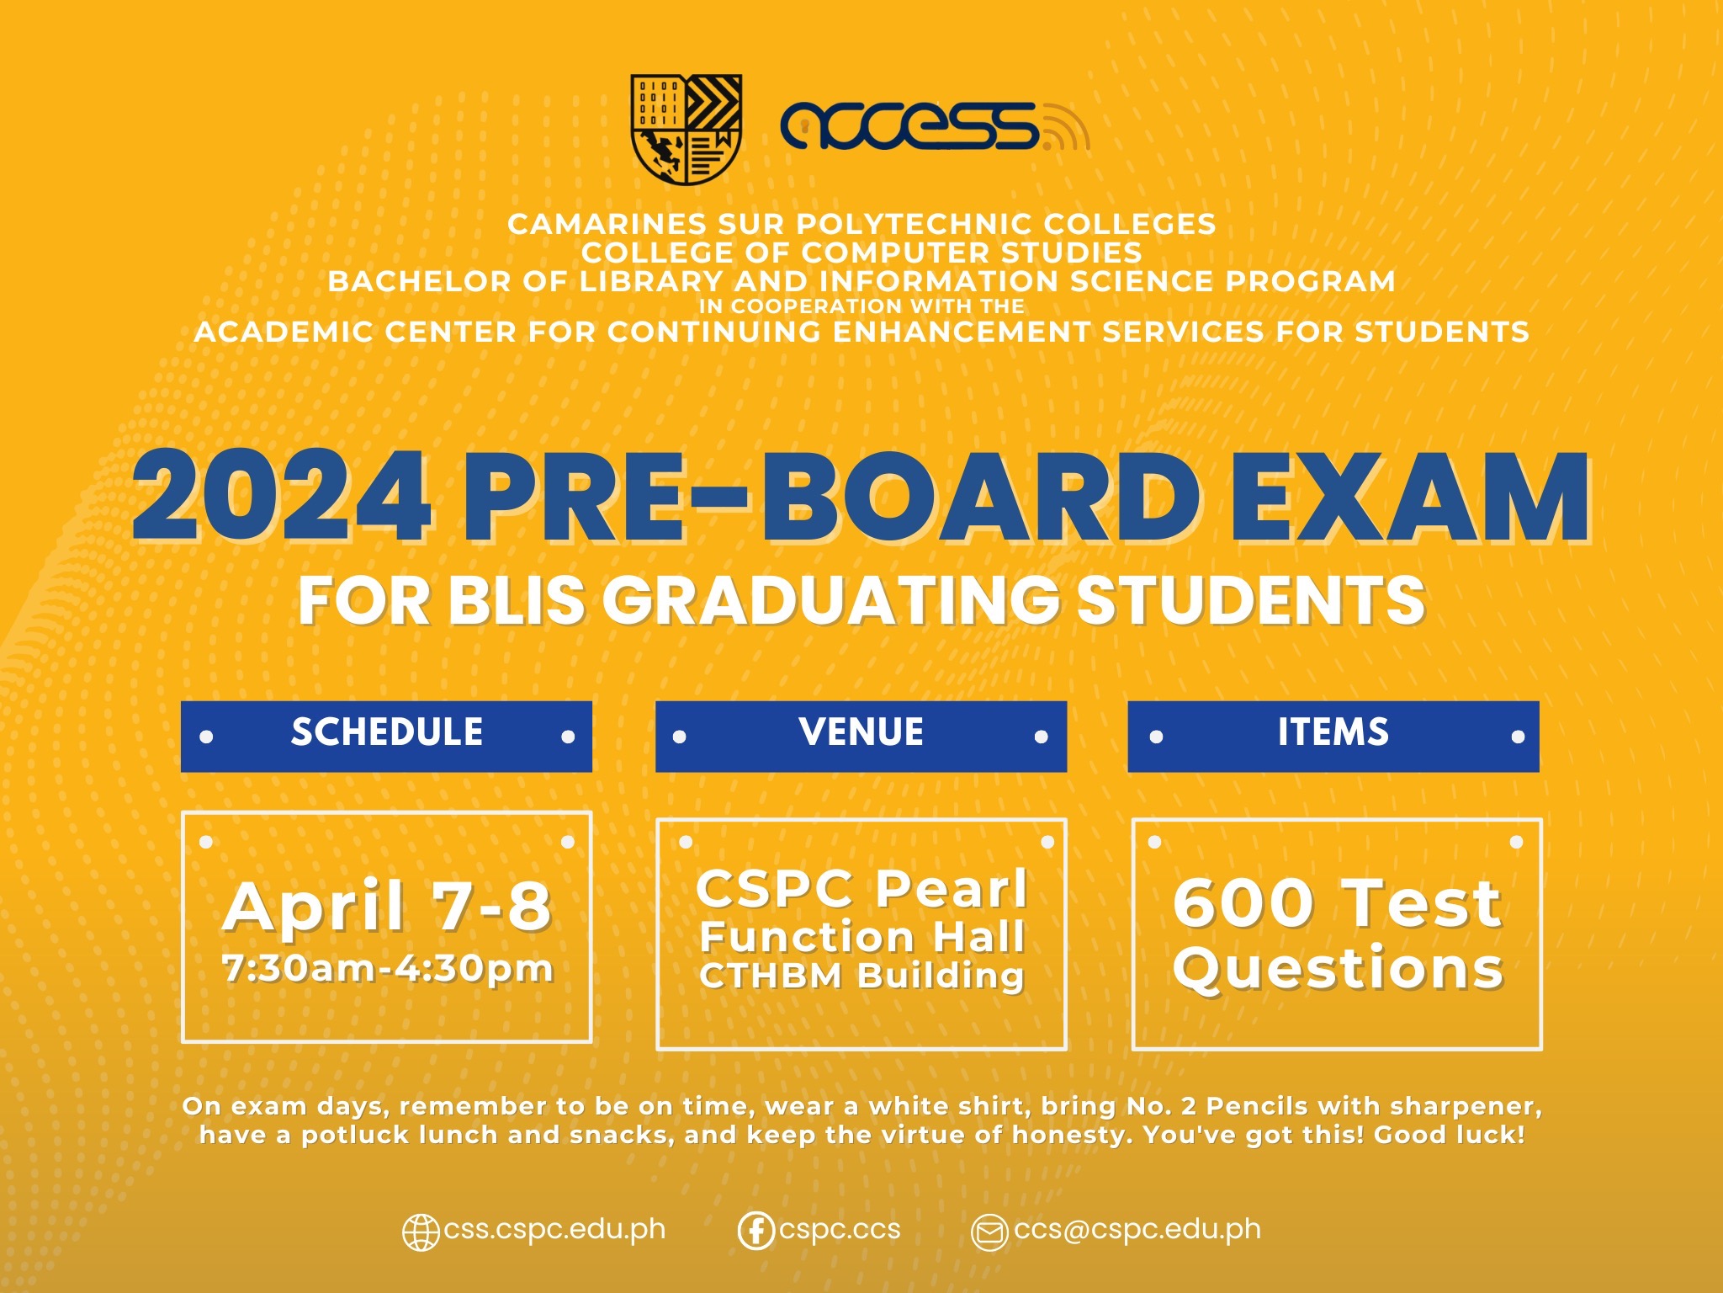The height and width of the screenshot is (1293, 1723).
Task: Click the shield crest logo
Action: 686,129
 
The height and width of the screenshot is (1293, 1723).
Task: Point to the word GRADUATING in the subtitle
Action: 830,600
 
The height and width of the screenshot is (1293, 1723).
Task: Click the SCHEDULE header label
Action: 386,732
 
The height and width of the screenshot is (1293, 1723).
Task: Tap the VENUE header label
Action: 861,732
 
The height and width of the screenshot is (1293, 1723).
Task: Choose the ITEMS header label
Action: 1333,732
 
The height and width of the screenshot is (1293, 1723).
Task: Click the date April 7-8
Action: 387,907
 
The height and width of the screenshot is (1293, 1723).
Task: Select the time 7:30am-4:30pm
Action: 387,968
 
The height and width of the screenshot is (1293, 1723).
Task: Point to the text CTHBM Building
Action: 861,976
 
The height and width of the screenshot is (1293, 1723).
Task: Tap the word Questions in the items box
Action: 1338,968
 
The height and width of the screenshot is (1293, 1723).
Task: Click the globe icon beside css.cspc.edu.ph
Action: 421,1232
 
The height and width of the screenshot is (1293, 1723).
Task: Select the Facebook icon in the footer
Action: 755,1231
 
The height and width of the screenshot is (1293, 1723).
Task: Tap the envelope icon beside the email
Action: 989,1232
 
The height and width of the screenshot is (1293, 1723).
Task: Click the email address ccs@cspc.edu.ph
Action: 1137,1229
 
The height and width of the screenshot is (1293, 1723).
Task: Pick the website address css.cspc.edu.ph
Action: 554,1229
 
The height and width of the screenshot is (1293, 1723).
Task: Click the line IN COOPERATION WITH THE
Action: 861,306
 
